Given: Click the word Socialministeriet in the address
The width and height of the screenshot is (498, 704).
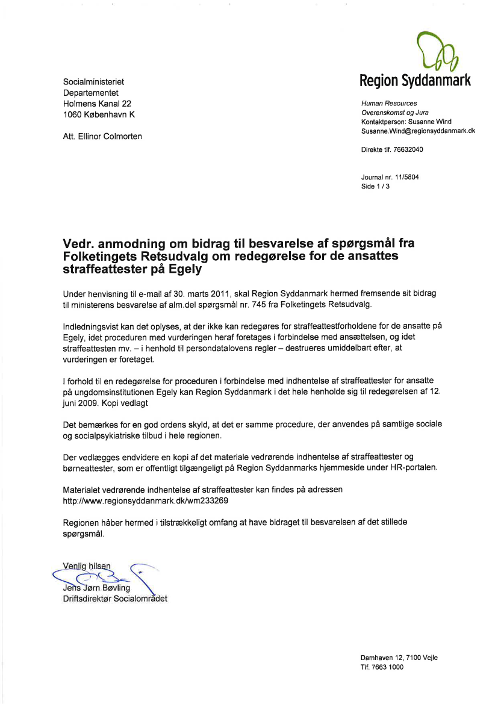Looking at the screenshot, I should (93, 81).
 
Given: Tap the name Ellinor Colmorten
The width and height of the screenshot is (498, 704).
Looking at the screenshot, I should (111, 137).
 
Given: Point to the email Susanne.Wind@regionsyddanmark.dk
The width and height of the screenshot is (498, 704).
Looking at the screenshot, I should (418, 131).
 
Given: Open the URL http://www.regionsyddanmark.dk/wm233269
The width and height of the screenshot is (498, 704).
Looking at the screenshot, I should (146, 500).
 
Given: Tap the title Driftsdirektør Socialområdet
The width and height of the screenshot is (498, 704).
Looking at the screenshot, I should (115, 599).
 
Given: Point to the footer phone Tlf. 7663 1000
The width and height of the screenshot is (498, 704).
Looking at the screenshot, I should (382, 667).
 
